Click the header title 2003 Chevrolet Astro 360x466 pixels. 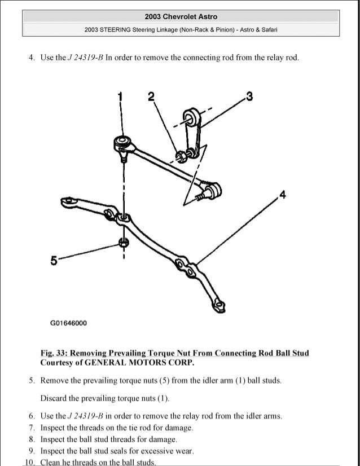point(181,17)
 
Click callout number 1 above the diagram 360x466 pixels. point(120,98)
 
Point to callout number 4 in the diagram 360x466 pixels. point(282,196)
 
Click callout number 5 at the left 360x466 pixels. point(54,261)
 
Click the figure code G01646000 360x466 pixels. point(68,323)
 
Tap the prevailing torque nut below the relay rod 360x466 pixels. point(122,243)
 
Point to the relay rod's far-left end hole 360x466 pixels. point(67,200)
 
